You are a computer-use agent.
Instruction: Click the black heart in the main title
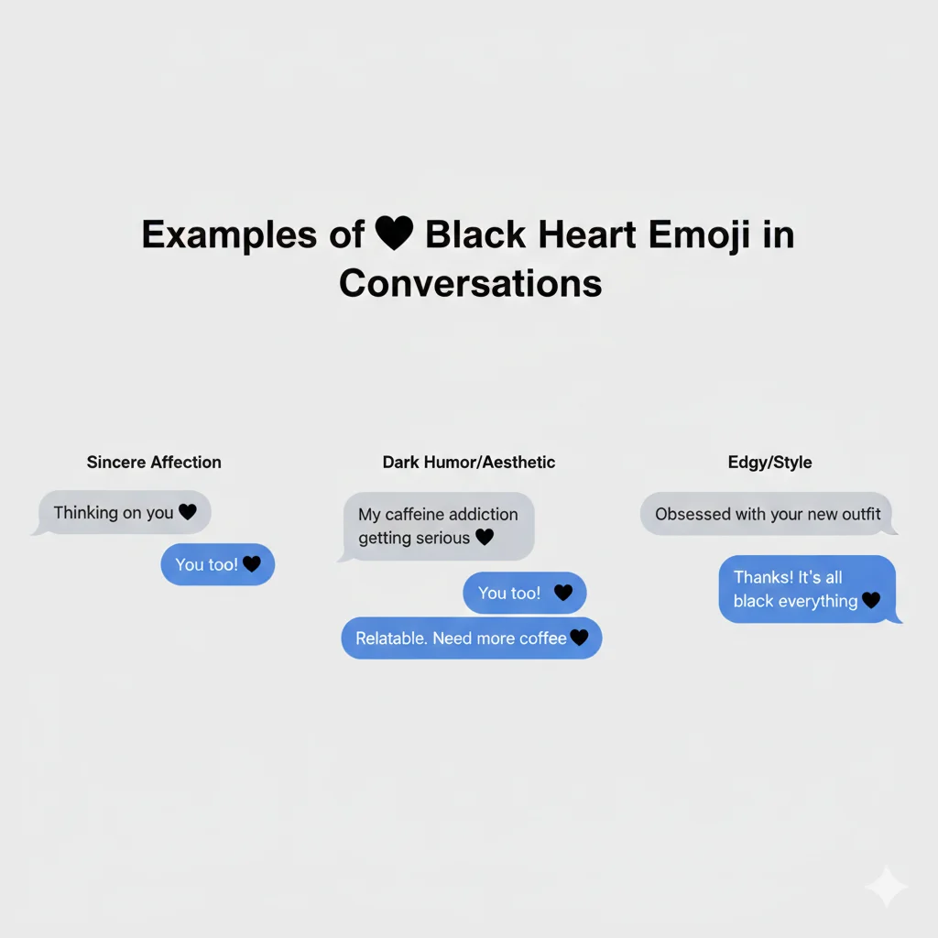[x=394, y=234]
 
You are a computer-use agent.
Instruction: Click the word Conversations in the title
[x=470, y=283]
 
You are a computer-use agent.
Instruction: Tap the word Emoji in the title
[x=700, y=235]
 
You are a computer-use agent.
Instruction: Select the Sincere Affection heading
[x=154, y=463]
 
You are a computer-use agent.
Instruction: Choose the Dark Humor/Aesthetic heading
[x=469, y=463]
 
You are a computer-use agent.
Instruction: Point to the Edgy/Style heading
[x=769, y=463]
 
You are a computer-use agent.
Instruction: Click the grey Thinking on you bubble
[x=125, y=513]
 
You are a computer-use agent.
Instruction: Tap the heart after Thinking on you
[x=188, y=513]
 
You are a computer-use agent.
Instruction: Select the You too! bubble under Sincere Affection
[x=218, y=564]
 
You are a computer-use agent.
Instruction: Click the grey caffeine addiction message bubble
[x=439, y=526]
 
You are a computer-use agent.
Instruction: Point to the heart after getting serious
[x=485, y=538]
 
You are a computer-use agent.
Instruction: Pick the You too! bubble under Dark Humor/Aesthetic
[x=525, y=594]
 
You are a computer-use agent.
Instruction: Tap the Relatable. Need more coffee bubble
[x=472, y=638]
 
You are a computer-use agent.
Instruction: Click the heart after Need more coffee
[x=579, y=638]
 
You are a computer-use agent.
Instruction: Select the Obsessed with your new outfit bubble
[x=768, y=514]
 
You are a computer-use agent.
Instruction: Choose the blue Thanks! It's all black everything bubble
[x=807, y=589]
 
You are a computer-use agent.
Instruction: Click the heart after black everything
[x=871, y=601]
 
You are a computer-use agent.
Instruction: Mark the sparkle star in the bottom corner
[x=886, y=886]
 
